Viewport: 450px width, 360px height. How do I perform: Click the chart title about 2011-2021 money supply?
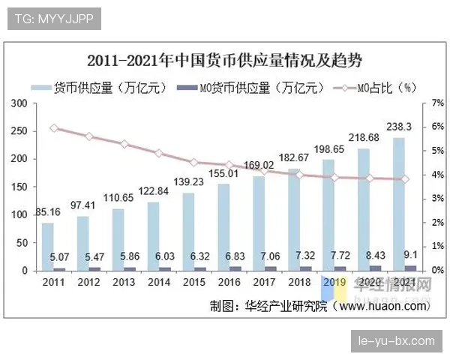[x=225, y=60]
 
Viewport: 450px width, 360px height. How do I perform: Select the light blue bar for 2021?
[x=400, y=202]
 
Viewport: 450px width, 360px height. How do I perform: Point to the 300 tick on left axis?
[x=22, y=103]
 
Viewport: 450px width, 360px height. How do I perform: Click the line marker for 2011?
[x=53, y=128]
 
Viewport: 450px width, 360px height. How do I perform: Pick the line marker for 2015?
[x=193, y=162]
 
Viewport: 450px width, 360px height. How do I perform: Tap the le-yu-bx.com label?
[x=396, y=340]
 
